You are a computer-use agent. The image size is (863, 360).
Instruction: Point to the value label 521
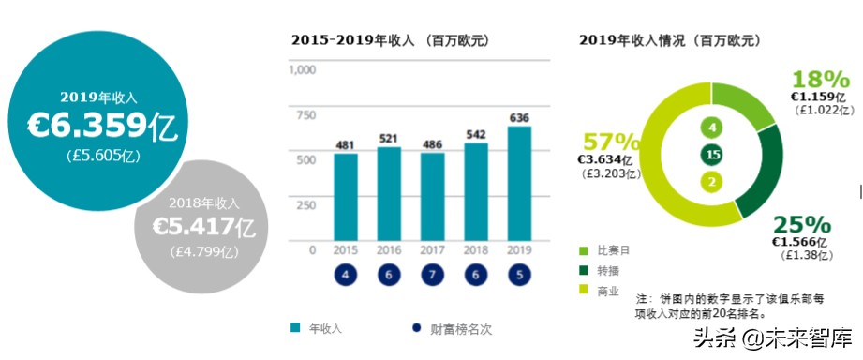(389, 139)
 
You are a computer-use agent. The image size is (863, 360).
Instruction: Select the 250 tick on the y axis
(305, 204)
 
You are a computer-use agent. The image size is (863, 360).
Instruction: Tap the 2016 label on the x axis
(389, 249)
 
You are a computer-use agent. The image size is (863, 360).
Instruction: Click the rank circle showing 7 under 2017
(432, 276)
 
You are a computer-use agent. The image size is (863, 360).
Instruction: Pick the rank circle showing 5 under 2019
(520, 276)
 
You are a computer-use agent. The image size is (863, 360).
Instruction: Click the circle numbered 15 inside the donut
(713, 155)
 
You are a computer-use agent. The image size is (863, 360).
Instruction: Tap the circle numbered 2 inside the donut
(713, 182)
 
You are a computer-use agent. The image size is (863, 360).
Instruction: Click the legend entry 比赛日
(612, 251)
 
